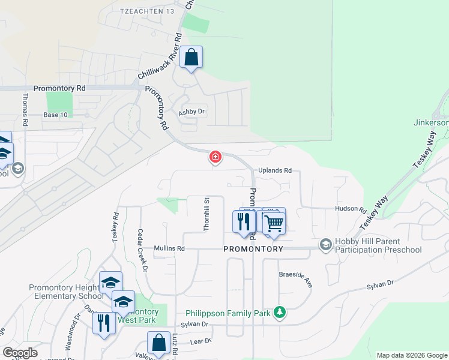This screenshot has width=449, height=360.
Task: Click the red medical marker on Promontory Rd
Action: click(x=215, y=158)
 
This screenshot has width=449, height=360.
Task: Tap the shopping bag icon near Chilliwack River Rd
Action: click(x=191, y=58)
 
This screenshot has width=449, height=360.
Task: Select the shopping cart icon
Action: click(x=274, y=223)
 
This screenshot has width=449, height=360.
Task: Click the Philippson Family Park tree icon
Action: click(x=279, y=312)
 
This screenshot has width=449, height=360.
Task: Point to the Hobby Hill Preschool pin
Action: click(x=325, y=245)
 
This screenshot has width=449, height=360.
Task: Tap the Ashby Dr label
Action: click(x=192, y=112)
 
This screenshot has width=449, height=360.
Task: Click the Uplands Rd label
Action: click(x=274, y=170)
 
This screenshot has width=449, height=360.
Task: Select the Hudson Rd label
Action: click(x=351, y=210)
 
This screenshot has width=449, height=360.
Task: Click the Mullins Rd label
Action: click(x=169, y=248)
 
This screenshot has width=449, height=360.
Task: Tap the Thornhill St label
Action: click(x=206, y=215)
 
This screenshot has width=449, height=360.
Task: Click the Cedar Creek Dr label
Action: click(x=142, y=251)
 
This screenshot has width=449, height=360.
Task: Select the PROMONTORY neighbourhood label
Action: click(x=253, y=248)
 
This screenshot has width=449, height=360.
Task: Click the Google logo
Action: click(x=20, y=353)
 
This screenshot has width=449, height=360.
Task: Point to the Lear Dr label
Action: click(x=200, y=341)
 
